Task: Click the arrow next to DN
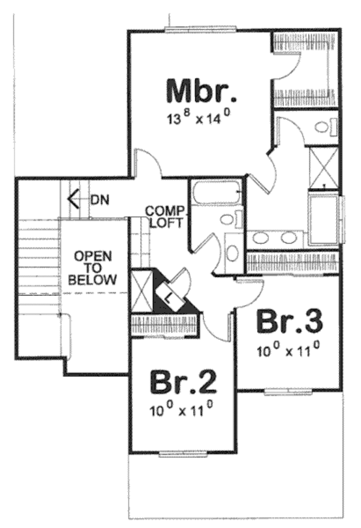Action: pyautogui.click(x=76, y=198)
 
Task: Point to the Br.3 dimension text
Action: pyautogui.click(x=286, y=351)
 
